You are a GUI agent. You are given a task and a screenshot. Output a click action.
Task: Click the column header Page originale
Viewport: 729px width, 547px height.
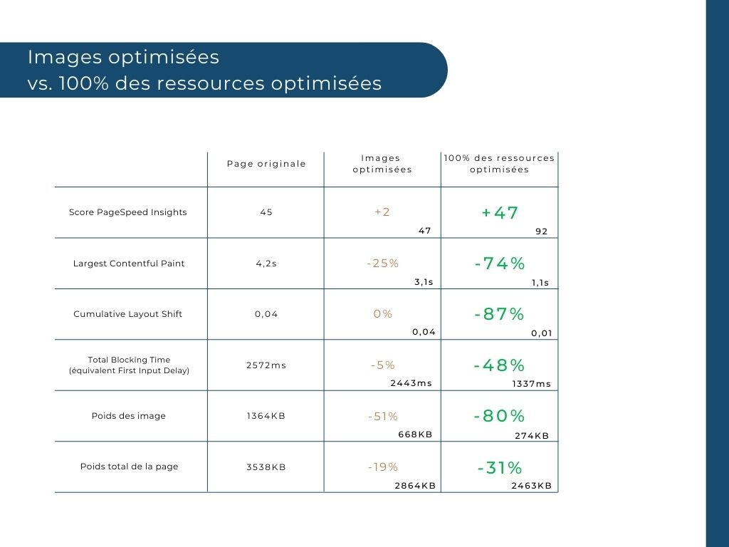pos(266,164)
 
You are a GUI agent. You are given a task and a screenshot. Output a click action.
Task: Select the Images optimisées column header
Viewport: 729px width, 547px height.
pos(382,164)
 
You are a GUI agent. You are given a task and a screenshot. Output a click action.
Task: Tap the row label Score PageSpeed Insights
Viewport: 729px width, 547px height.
pos(128,212)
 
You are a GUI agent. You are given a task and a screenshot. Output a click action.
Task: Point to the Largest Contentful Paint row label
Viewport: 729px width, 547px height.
pos(129,264)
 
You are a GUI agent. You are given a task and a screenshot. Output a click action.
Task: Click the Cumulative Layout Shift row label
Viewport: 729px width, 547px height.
pos(128,314)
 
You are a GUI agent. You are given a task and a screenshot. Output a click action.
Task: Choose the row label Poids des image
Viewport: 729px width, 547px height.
pos(129,416)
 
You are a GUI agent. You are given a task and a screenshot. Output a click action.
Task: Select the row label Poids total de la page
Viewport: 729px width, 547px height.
pos(129,467)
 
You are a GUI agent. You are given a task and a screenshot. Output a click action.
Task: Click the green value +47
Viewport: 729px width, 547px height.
pos(500,213)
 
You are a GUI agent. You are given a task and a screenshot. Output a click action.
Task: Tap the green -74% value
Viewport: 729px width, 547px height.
pos(500,264)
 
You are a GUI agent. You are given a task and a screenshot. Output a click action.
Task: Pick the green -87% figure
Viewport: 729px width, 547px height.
pos(499,314)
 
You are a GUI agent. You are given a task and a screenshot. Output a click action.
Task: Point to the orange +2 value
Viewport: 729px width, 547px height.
pos(382,212)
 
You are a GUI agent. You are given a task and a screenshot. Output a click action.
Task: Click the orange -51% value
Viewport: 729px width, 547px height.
pos(383,416)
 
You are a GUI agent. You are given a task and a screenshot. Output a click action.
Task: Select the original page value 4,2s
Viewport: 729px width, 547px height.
pos(266,264)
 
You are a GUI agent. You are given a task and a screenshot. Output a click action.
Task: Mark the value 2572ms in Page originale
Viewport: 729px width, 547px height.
pos(266,365)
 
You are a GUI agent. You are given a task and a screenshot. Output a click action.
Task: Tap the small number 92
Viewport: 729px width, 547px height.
pos(541,231)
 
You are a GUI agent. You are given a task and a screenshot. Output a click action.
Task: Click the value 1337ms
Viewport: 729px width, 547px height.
pos(531,384)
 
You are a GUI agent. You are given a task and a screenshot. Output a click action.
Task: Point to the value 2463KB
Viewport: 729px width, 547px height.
pos(531,486)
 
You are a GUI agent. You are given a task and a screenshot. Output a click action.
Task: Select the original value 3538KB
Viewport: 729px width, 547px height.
pos(266,467)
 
